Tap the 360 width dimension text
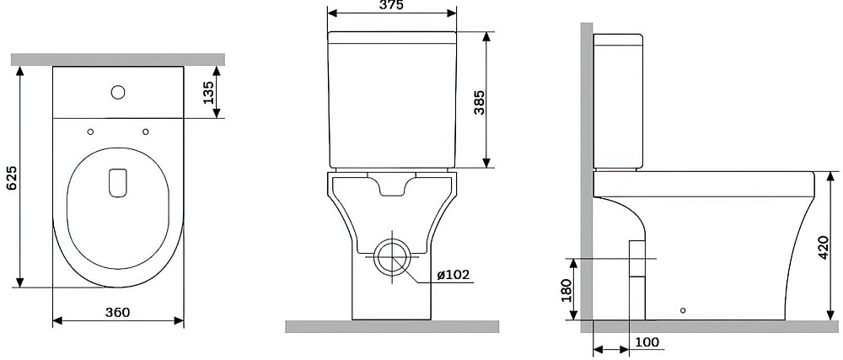118,312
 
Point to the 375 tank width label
391,5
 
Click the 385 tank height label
479,102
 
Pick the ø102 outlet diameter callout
454,275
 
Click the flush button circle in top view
118,93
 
